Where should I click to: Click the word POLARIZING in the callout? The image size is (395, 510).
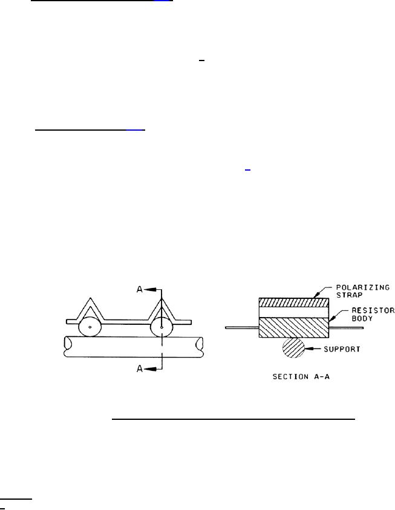point(362,287)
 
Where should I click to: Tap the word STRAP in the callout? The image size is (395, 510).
point(345,295)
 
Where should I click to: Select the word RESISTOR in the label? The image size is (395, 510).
point(373,310)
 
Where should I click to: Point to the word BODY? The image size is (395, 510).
point(362,318)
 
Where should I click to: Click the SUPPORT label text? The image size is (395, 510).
point(342,349)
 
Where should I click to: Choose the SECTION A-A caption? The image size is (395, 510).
point(301,377)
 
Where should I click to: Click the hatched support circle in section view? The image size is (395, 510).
point(293,348)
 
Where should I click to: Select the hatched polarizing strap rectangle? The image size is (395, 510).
point(294,302)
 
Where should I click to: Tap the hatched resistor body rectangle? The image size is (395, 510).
point(294,327)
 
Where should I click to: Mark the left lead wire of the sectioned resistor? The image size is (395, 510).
point(242,327)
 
